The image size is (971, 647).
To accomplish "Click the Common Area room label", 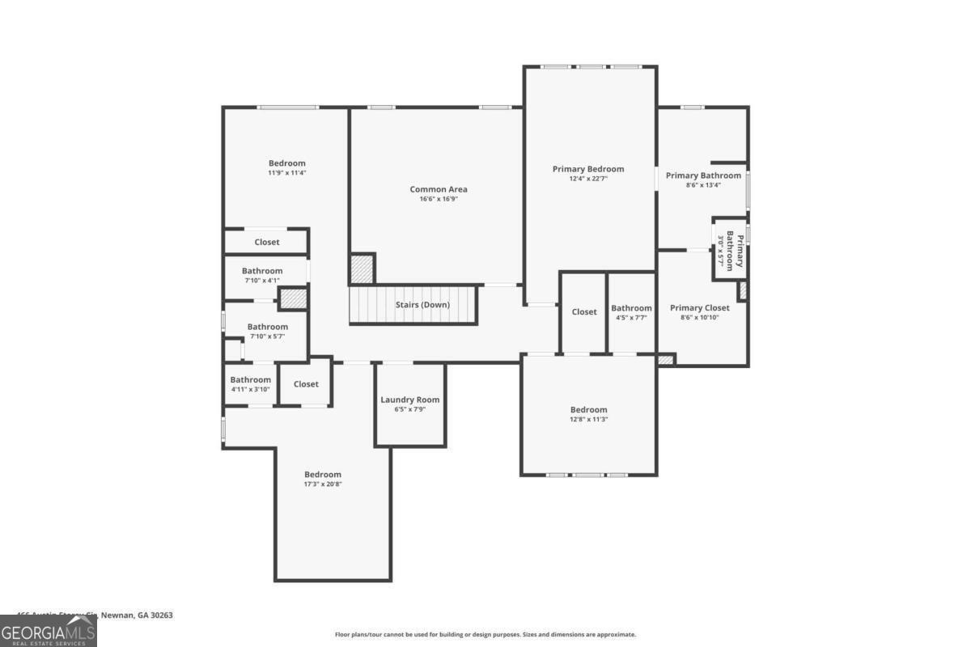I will (x=439, y=189).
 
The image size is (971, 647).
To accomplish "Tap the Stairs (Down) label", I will (x=422, y=305).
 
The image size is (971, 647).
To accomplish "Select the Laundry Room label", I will (x=410, y=400).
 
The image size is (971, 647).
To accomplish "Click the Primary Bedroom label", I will (x=588, y=169).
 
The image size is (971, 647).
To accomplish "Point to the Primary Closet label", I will (x=700, y=307).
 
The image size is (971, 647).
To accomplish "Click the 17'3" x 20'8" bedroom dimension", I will (x=323, y=484).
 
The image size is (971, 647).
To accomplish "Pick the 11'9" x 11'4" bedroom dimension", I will (x=287, y=173).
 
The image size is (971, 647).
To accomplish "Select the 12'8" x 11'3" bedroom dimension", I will (x=588, y=420).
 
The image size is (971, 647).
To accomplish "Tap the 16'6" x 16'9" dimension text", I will (x=439, y=199).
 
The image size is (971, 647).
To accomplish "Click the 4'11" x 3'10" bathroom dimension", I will (x=250, y=390).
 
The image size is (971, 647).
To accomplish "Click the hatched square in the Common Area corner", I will (x=362, y=269).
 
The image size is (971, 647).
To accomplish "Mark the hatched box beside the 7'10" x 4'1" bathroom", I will (x=293, y=298).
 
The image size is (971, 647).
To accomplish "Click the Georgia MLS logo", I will (x=49, y=631).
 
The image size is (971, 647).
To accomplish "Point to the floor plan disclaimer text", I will (x=485, y=635).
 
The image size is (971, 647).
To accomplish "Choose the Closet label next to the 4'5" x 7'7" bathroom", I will (x=584, y=312).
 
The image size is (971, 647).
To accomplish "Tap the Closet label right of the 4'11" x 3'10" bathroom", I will (x=306, y=384).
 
